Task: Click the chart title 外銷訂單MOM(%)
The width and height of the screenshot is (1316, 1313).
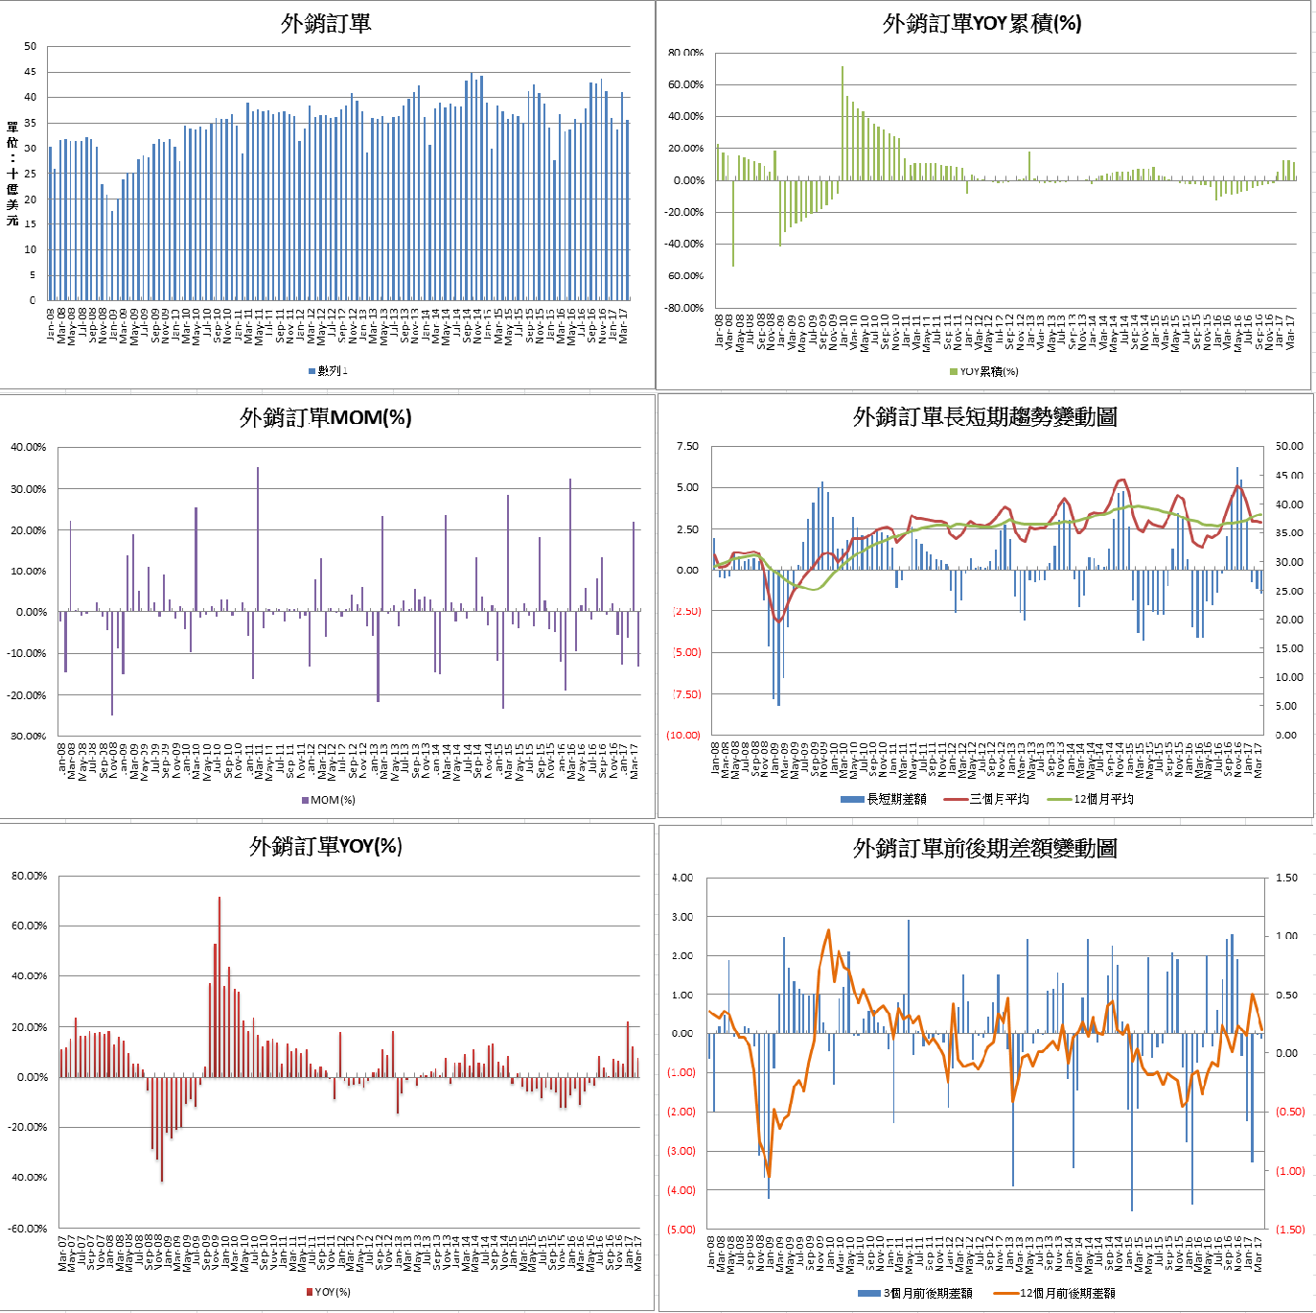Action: coord(326,417)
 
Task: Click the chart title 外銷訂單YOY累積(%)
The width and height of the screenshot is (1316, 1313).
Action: coord(981,24)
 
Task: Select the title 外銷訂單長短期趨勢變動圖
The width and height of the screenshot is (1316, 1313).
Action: coord(984,417)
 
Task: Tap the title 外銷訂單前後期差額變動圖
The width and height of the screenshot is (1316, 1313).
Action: coord(984,849)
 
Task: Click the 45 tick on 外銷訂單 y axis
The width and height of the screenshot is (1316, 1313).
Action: coord(31,72)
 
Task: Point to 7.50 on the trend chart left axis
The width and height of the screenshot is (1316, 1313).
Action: coord(687,447)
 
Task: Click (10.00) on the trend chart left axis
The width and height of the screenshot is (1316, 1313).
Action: coord(683,736)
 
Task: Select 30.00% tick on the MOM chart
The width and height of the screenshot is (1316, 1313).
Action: coord(29,489)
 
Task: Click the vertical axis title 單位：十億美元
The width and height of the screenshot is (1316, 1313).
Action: coord(12,174)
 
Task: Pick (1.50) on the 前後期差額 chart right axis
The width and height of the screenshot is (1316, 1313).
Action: coord(1290,1230)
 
